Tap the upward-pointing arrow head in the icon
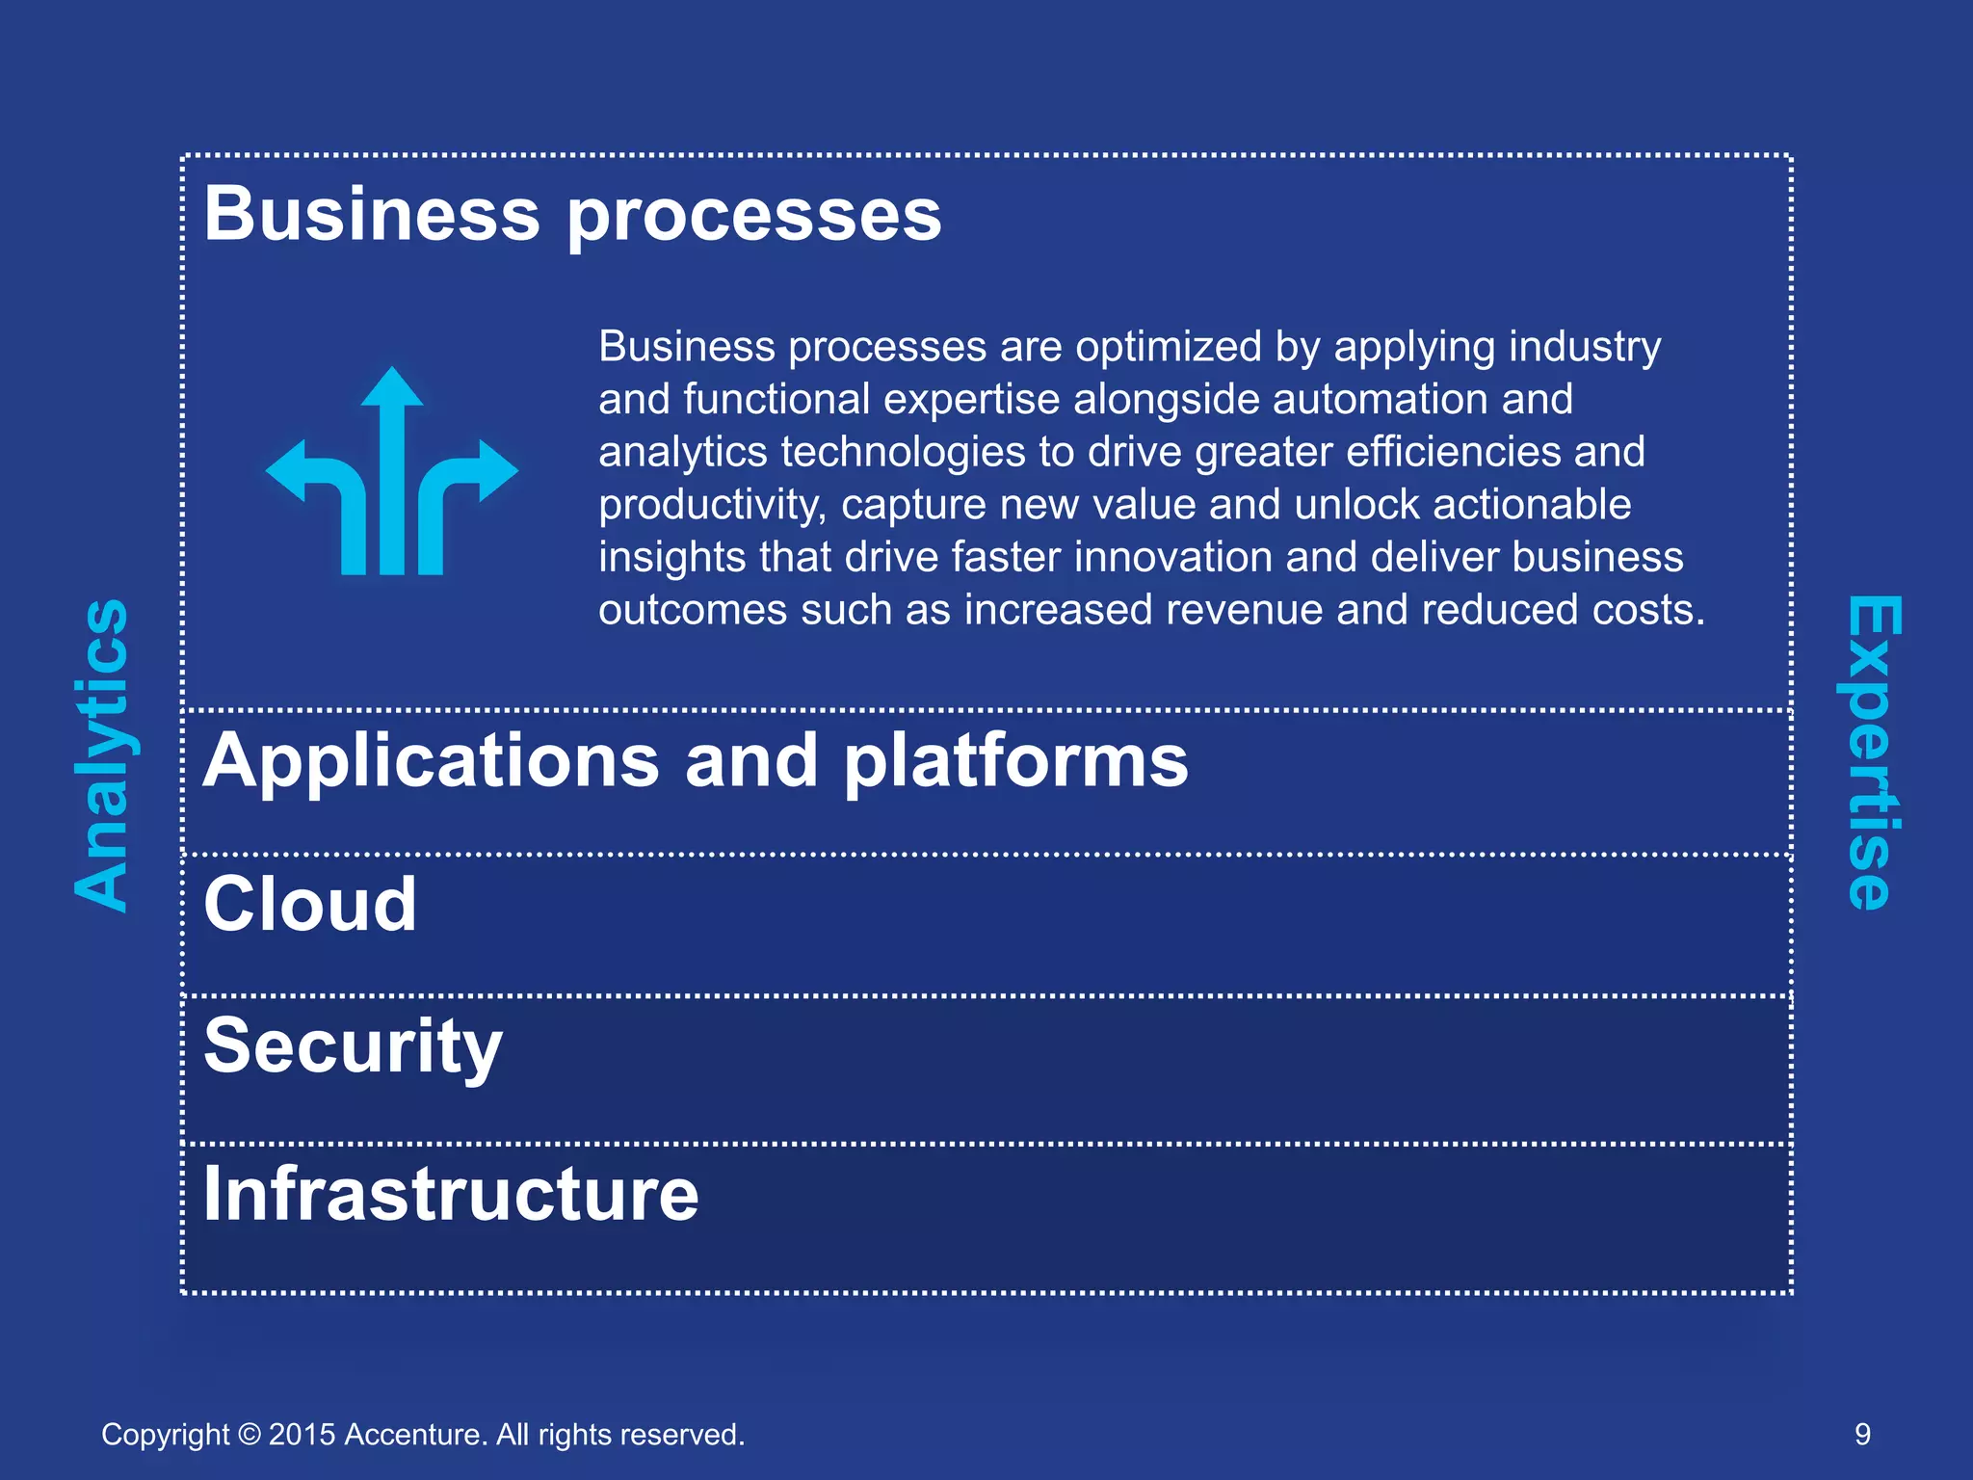point(392,387)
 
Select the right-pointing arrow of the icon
point(495,471)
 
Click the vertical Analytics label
point(102,753)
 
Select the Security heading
point(353,1047)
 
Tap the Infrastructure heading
point(451,1194)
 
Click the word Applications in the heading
point(431,761)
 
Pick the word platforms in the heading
point(1015,761)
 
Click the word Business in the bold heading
point(372,214)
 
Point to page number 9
point(1862,1435)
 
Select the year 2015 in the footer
point(302,1435)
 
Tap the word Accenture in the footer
point(415,1435)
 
